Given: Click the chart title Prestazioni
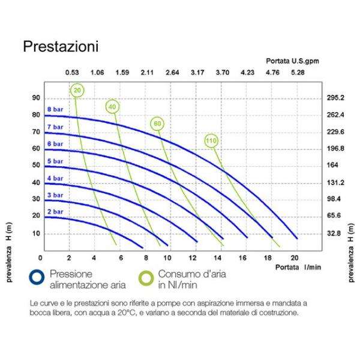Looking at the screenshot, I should pos(61,46).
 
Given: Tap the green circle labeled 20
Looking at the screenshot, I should pos(77,91).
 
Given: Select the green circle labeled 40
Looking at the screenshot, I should pos(112,107).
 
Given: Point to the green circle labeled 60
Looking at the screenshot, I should pos(157,124).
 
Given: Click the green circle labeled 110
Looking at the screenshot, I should pos(211,141).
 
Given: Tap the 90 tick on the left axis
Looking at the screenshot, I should pos(36,98).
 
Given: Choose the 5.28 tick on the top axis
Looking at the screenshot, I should pos(298,73).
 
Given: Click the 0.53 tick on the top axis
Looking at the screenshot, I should pos(72,73).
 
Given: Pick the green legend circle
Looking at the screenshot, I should pos(146,276).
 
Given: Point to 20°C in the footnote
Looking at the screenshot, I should pos(163,313).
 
